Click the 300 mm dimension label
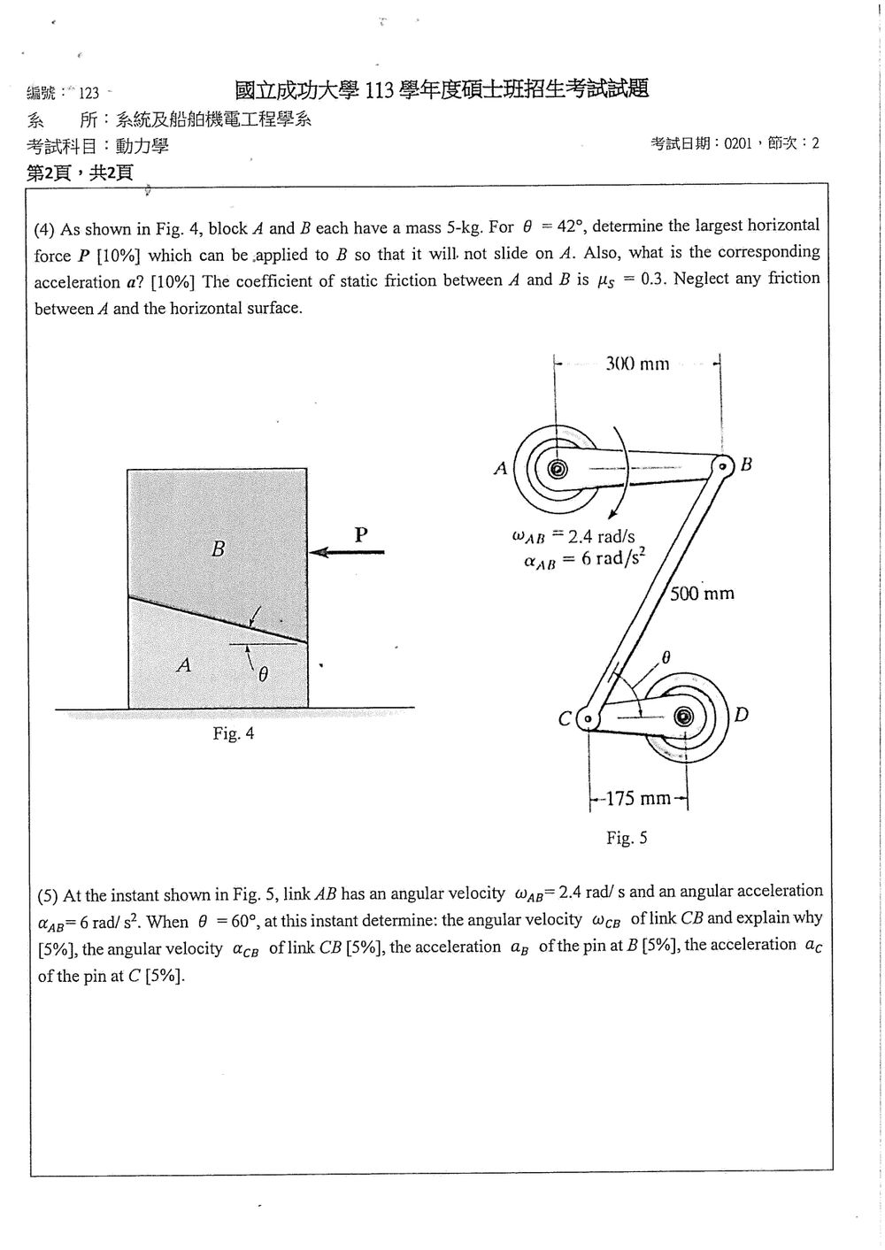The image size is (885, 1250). click(637, 364)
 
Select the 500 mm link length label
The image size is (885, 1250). click(702, 594)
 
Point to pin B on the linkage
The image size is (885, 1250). click(723, 465)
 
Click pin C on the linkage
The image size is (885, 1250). click(588, 718)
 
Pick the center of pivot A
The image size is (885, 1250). click(556, 469)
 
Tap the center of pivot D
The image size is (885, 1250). click(684, 717)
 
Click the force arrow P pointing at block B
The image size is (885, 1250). click(347, 552)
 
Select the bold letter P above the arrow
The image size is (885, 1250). click(361, 534)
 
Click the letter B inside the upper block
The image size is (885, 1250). click(219, 549)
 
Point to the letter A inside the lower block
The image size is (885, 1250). click(184, 664)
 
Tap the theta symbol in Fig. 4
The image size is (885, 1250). click(263, 675)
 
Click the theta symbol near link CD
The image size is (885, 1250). click(666, 658)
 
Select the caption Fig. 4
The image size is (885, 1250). click(234, 733)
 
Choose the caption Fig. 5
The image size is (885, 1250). click(627, 838)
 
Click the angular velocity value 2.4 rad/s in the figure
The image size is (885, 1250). click(601, 537)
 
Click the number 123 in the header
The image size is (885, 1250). click(88, 93)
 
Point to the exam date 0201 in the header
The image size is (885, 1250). click(737, 143)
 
